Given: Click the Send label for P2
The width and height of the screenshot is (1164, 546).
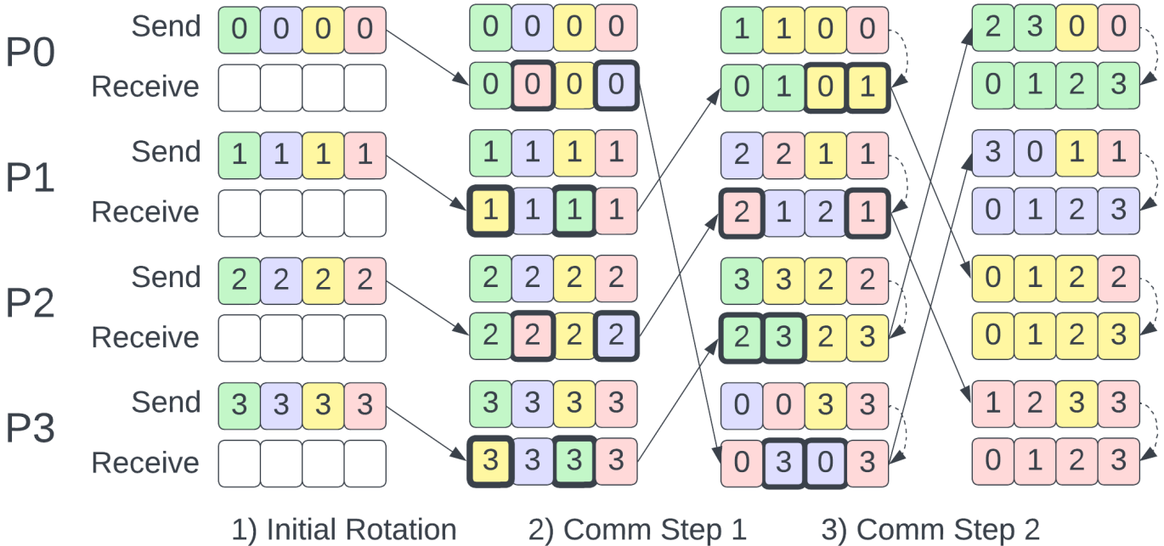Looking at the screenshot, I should tap(166, 277).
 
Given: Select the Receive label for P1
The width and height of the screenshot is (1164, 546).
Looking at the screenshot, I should tap(145, 211).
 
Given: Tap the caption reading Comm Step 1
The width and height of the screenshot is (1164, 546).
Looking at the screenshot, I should tap(637, 530).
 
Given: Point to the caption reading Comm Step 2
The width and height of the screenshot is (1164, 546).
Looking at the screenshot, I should tap(930, 530).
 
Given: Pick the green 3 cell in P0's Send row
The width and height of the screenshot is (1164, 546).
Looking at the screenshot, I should tap(1035, 26).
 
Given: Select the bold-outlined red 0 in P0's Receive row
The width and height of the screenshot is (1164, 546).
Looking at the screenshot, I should tap(532, 86).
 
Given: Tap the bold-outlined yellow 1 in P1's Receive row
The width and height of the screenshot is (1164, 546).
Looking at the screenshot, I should tap(490, 211).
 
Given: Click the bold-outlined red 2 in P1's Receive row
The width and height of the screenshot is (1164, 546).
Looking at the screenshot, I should tap(741, 211).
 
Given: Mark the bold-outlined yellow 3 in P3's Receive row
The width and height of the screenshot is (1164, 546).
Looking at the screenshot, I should tap(490, 462).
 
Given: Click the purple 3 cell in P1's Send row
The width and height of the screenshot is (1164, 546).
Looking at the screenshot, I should tap(992, 152).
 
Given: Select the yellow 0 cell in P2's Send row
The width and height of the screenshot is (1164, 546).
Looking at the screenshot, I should tap(992, 278).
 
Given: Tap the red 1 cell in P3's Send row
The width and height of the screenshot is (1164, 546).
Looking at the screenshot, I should tap(992, 402).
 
